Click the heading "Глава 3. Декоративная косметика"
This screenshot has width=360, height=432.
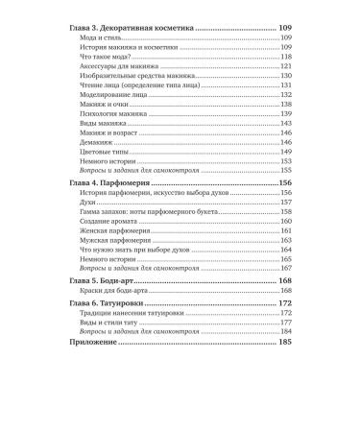pos(124,31)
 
